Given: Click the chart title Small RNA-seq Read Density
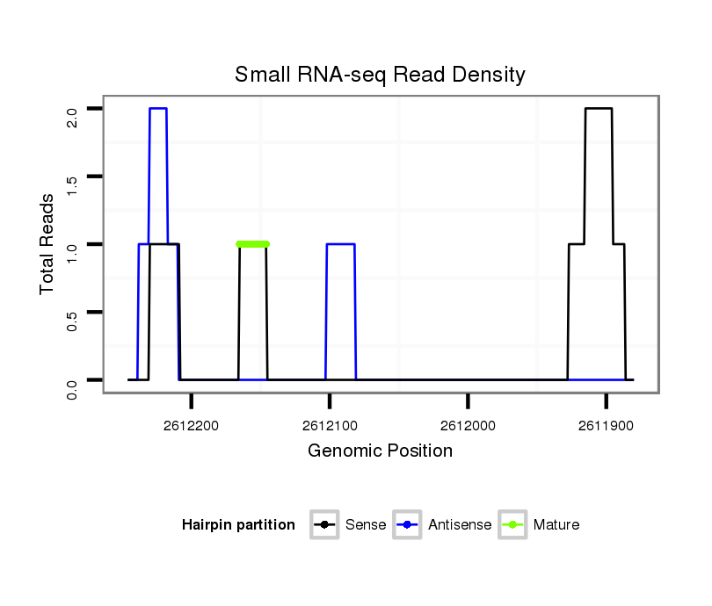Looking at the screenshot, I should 380,75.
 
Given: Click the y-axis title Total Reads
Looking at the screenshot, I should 47,244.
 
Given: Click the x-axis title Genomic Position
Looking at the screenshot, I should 380,451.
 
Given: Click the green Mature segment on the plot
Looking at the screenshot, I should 253,244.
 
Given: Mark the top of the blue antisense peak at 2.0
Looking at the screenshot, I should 158,108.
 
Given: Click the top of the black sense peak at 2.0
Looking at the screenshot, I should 599,108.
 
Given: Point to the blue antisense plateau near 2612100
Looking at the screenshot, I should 340,244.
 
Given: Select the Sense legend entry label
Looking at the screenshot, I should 366,525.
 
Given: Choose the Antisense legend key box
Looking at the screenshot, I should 409,525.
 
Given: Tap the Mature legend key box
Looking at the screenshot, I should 512,525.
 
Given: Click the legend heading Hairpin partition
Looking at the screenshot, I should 238,525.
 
